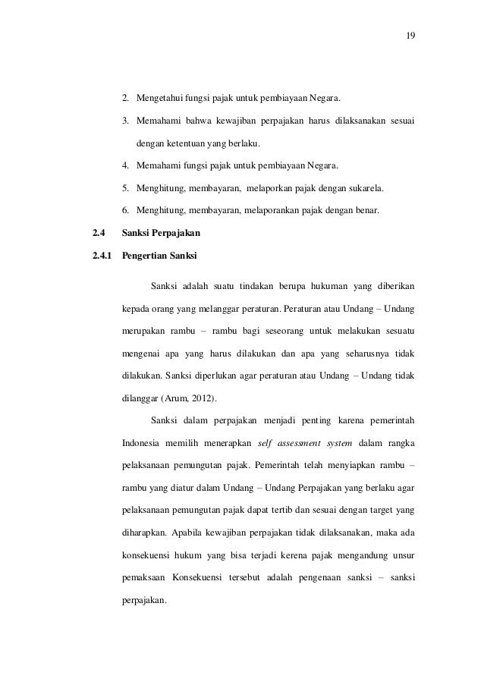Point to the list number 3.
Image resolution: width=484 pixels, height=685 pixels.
tap(127, 121)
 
